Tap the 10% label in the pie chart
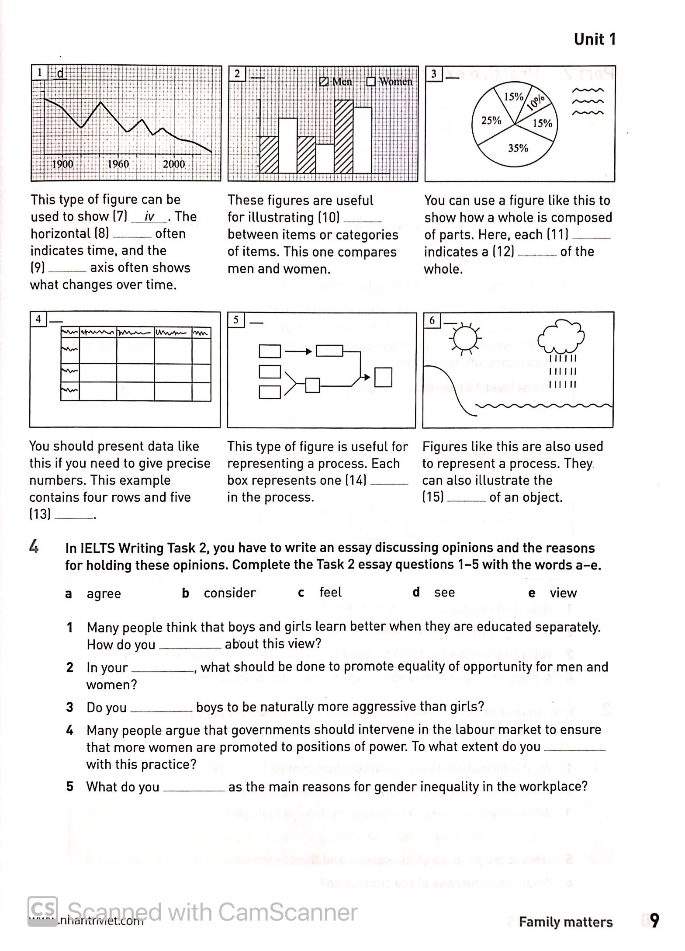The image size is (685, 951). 536,102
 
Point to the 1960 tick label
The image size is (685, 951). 118,164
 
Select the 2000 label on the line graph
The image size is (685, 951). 174,164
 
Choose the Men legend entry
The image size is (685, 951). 336,82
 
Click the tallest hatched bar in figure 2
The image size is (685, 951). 344,136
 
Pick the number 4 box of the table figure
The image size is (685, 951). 38,319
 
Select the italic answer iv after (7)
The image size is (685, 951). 149,217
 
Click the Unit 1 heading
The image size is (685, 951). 595,39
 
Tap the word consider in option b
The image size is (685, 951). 230,593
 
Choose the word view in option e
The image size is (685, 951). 563,593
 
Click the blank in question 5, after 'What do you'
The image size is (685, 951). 194,787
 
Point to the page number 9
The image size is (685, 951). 654,921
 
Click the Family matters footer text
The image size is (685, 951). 566,922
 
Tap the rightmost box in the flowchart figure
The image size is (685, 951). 383,377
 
